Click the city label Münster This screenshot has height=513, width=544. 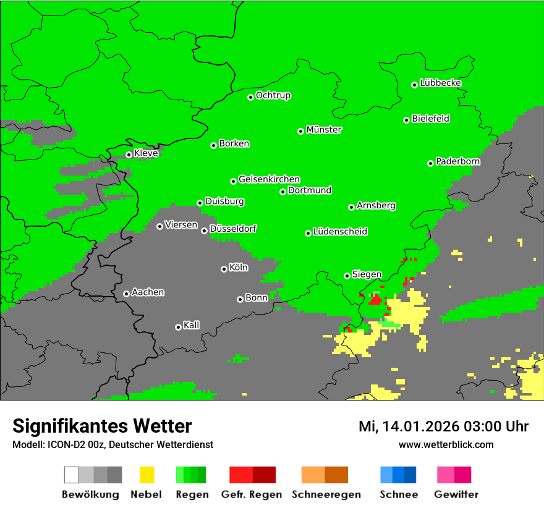pos(324,130)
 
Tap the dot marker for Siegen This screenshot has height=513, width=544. pos(347,276)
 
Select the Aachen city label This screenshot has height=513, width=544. pos(148,292)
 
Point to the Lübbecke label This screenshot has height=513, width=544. pos(440,83)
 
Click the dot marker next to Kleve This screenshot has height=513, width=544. pos(129,155)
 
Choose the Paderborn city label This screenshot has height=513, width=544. pos(457,161)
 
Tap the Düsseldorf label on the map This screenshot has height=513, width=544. pos(233,229)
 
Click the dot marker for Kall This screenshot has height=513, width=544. pos(178,327)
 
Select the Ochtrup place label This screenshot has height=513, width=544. pos(273,95)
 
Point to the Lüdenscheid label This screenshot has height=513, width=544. pos(340,232)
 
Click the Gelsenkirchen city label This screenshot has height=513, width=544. pos(269,179)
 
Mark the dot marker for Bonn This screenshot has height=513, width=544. pos(240,299)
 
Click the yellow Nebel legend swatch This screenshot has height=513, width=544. pos(147,475)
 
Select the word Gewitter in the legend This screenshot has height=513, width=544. pos(456,494)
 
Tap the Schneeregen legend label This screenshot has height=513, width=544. pos(326,494)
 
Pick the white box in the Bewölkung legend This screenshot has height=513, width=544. pos(72,475)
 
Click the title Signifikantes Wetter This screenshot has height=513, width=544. pos(102,426)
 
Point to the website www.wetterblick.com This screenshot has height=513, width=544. pos(446,444)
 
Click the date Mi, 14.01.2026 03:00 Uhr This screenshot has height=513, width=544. pos(443,426)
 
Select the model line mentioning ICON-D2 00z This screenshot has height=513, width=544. pos(113,444)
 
